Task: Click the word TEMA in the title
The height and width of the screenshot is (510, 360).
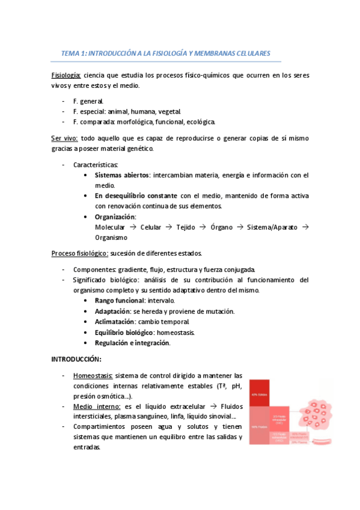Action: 70,54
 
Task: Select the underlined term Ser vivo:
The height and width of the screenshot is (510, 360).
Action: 64,138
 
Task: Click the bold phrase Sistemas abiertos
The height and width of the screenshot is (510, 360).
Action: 122,175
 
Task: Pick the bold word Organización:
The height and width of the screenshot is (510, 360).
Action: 115,217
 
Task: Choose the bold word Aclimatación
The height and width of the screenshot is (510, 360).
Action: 116,322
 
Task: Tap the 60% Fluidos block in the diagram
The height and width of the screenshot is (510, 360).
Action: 259,426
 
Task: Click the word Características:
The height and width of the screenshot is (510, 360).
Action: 96,164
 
